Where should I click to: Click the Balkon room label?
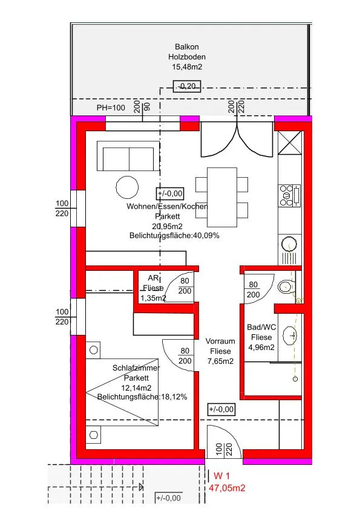187,47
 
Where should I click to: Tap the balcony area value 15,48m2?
187,67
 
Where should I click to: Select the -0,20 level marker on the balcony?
187,86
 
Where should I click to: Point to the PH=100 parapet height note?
111,108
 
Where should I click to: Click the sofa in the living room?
128,156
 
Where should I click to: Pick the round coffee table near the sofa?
128,187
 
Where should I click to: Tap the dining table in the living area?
222,197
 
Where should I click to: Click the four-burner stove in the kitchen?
290,195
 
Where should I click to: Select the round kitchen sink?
289,243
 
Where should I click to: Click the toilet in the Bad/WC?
287,287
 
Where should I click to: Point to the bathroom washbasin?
290,336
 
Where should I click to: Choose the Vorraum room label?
220,341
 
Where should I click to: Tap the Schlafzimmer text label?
136,368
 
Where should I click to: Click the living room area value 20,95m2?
167,226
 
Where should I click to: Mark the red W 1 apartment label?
221,476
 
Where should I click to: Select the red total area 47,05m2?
227,488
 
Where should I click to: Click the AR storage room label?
153,278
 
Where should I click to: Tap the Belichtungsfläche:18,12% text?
142,397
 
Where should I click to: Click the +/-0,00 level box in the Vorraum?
221,409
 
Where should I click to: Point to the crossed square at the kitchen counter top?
290,143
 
